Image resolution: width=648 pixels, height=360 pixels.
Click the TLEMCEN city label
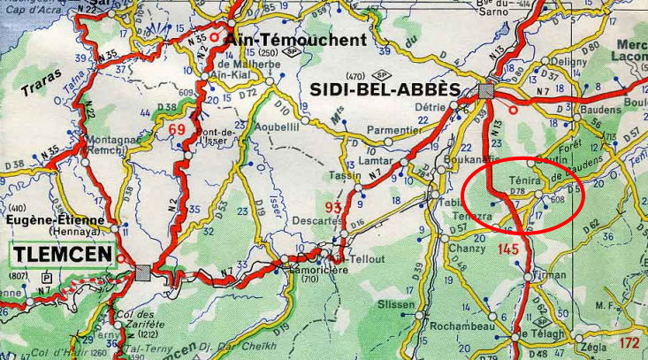tap(64, 256)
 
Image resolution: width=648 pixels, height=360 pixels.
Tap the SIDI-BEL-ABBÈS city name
tap(385, 90)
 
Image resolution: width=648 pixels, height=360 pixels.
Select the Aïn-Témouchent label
tap(295, 41)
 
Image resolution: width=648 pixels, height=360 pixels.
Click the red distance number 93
tap(333, 208)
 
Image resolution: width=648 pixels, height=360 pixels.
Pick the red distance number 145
tap(509, 249)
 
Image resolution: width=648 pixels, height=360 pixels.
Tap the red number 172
tap(629, 342)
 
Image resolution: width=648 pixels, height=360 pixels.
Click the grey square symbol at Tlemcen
tap(143, 273)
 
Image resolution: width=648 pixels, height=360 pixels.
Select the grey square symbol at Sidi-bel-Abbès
tap(485, 91)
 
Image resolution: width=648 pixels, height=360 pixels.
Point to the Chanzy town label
tap(467, 249)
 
